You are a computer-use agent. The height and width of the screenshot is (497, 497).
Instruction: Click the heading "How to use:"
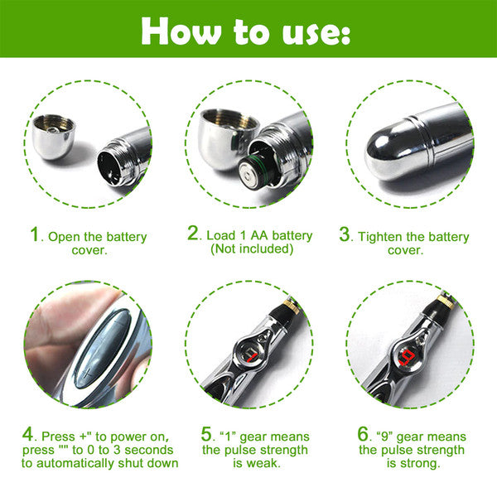tap(246, 30)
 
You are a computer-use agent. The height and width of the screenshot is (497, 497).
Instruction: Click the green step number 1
tap(35, 235)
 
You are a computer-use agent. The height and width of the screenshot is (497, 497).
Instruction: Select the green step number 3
tap(345, 235)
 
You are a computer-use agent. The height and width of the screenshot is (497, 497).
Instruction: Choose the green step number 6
tap(362, 434)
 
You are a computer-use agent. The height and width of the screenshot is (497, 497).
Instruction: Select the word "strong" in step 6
tap(418, 465)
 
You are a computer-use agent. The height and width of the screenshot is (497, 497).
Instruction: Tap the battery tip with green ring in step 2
tap(248, 171)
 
